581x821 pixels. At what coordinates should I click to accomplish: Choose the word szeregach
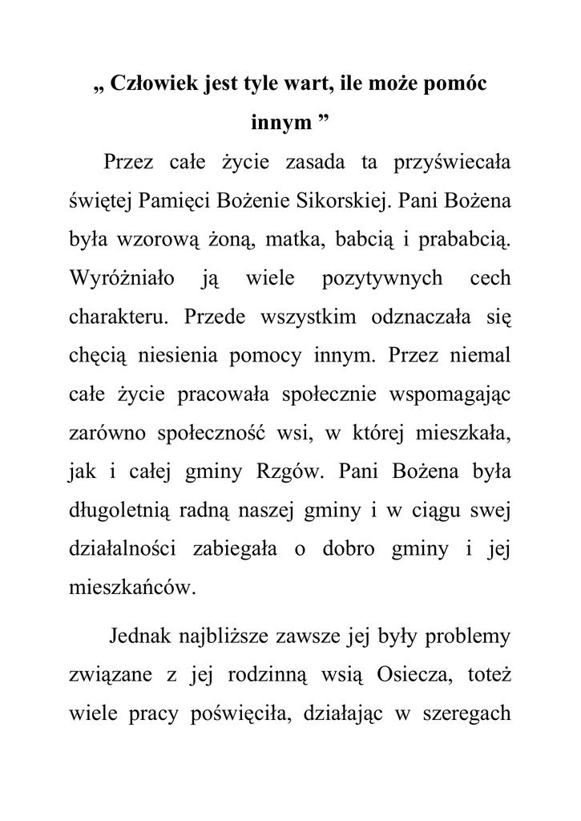click(468, 716)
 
